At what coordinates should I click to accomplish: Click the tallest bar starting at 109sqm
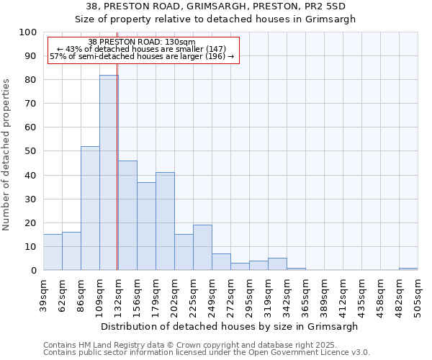coord(109,173)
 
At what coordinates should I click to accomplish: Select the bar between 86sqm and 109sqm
coord(90,208)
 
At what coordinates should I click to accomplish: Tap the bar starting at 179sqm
coord(165,221)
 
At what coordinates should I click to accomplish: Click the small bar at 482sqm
coord(408,269)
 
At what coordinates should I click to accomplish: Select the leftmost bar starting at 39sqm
coord(53,252)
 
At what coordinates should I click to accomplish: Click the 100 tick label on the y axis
coord(27,32)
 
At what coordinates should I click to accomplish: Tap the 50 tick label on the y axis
coord(30,151)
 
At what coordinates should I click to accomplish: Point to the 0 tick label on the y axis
coord(33,270)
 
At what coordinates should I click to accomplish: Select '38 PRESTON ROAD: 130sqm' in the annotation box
coord(142,42)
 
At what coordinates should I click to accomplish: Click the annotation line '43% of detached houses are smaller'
coord(142,49)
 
